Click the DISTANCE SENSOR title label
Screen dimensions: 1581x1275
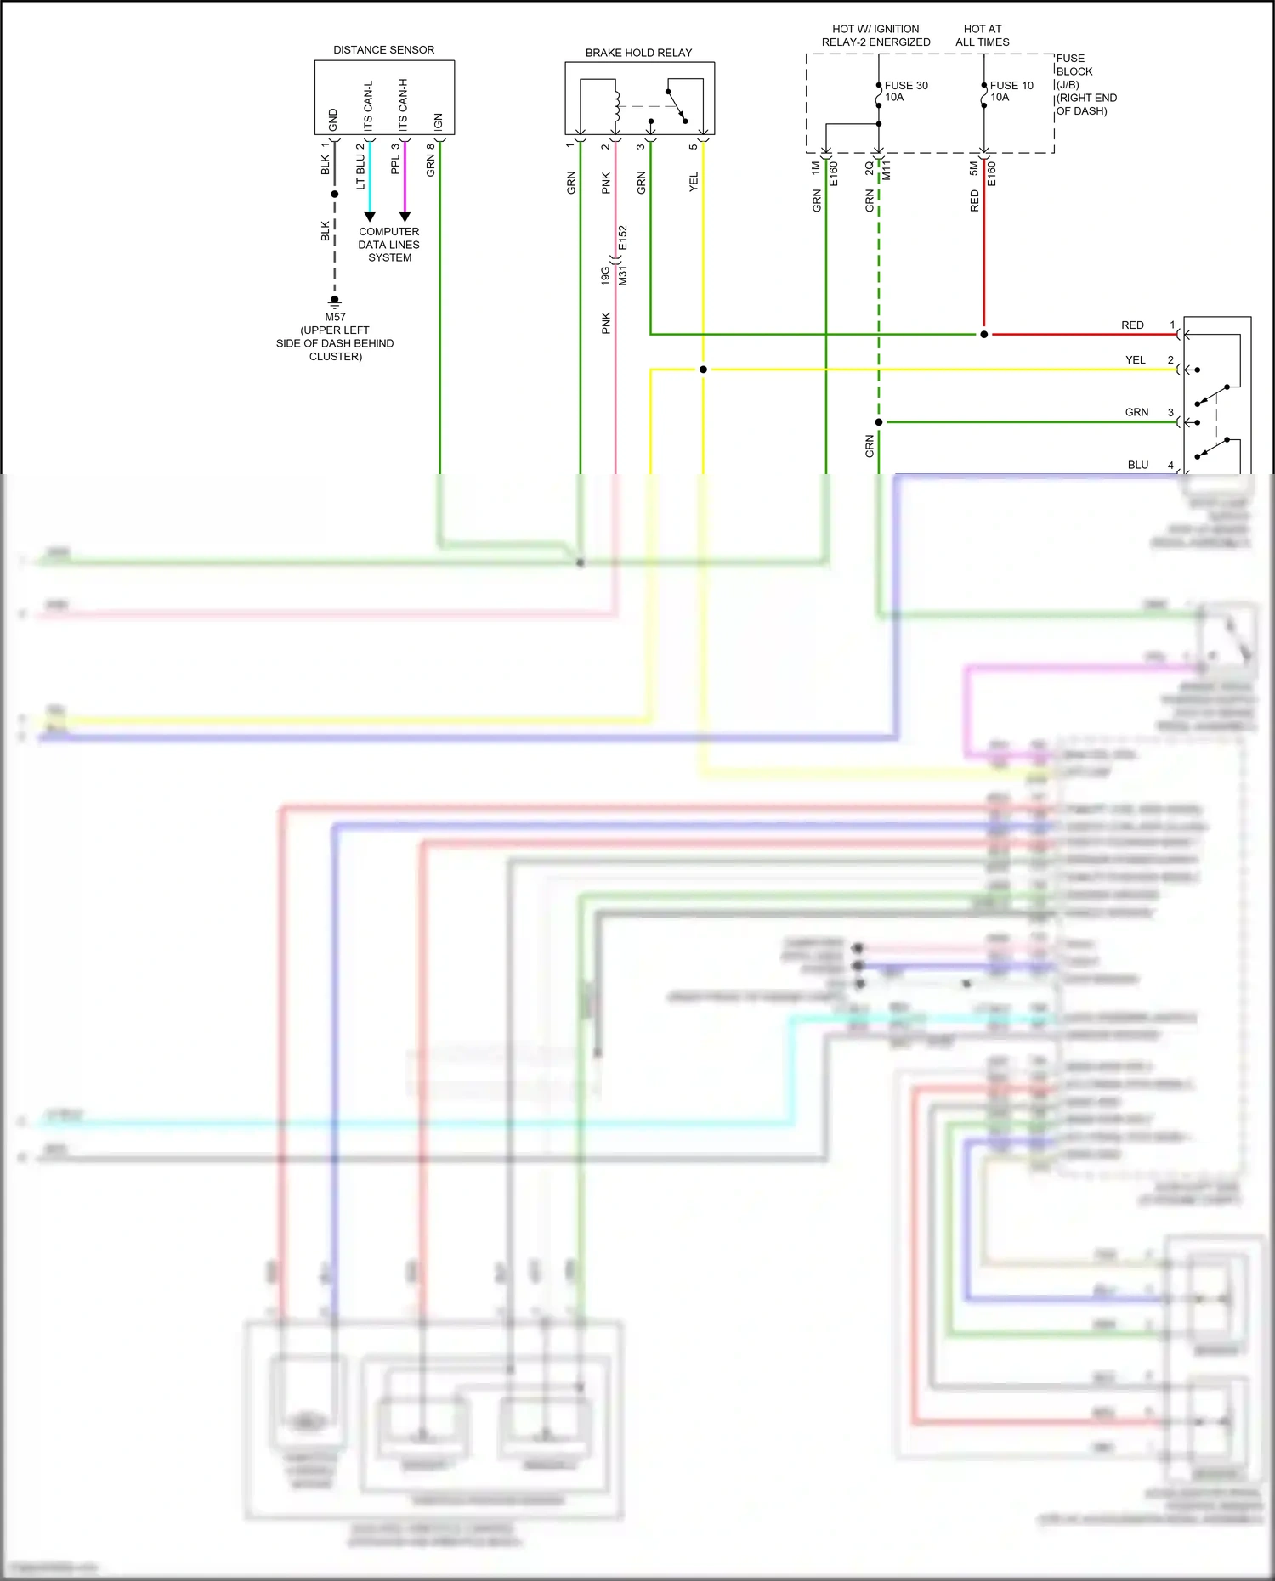(383, 50)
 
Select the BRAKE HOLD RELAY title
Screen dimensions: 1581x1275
(638, 53)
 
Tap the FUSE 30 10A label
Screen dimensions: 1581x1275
(905, 91)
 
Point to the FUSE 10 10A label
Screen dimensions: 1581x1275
(1011, 91)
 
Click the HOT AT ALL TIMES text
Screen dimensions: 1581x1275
(982, 36)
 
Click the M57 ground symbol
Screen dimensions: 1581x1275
(335, 302)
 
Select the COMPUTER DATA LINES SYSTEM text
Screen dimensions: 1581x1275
(388, 245)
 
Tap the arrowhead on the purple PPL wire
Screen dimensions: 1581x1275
(405, 217)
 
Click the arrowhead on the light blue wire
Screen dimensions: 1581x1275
(370, 217)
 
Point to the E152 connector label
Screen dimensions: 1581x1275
(623, 237)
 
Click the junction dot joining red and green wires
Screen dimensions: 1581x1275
(984, 335)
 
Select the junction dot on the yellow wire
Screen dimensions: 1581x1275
(703, 370)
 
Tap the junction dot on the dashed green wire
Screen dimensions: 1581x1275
(879, 422)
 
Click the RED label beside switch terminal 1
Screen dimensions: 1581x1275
(1132, 325)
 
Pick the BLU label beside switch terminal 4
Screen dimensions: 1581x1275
(1138, 465)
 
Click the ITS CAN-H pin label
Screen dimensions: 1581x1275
(403, 105)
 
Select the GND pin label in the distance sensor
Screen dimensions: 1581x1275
(332, 120)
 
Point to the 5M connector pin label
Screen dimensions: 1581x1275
(974, 169)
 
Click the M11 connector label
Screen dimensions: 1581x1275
(887, 171)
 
